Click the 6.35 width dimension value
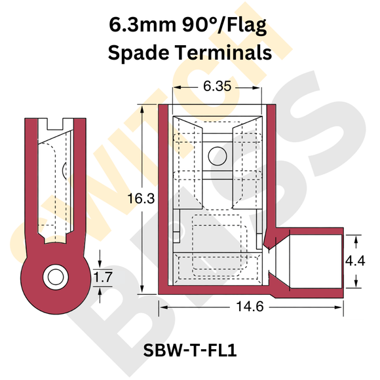pos(218,86)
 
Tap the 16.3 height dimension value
pos(142,197)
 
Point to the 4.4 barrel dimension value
pos(356,260)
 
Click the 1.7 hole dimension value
pos(102,277)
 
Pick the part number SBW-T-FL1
pos(189,351)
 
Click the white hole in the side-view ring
pos(54,276)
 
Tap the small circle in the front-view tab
pos(216,155)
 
